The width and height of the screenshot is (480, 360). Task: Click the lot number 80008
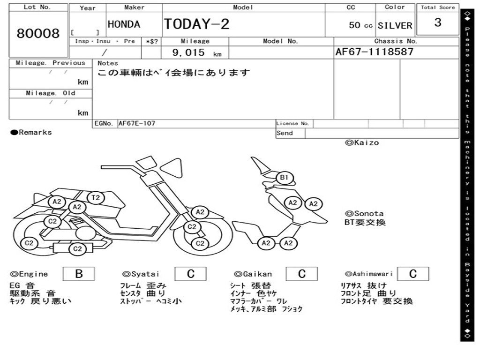(38, 34)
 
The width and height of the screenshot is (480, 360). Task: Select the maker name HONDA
(124, 24)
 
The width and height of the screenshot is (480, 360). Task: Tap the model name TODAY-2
(197, 24)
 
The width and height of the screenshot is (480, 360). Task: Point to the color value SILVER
(395, 25)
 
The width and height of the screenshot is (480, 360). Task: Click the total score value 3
(438, 22)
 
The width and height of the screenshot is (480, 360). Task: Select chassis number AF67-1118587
(375, 52)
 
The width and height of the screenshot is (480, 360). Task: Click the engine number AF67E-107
(137, 124)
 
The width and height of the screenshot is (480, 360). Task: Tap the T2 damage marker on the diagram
(96, 197)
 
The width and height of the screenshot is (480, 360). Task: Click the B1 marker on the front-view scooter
(284, 178)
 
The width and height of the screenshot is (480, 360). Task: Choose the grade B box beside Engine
(79, 274)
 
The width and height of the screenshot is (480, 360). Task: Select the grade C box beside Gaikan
(302, 274)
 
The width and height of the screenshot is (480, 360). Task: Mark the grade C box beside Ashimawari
(412, 274)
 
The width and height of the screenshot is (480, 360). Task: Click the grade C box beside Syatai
(191, 274)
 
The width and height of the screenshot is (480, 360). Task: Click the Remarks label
(31, 133)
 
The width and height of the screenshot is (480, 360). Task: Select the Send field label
(285, 133)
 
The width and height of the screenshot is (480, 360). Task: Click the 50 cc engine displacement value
(360, 25)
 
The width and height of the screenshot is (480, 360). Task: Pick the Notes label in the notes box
(108, 63)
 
